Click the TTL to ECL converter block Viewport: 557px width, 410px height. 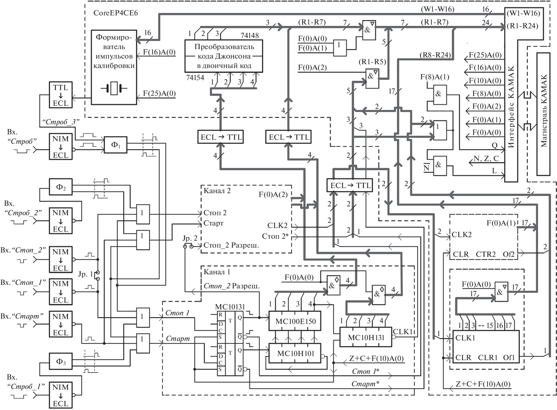click(60, 95)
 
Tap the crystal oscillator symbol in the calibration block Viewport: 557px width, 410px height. click(114, 88)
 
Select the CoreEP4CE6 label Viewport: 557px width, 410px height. click(115, 13)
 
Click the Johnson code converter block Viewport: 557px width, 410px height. click(224, 56)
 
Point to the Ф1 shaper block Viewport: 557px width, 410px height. click(115, 145)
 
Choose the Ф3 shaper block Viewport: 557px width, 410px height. click(60, 361)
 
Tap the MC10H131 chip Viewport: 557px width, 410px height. click(366, 337)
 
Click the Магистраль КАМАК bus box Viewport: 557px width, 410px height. click(544, 114)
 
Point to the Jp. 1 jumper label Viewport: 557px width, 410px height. click(85, 274)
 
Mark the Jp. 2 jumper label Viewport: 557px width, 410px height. click(190, 238)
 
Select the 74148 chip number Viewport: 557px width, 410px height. click(250, 35)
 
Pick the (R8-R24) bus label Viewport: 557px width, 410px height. click(435, 55)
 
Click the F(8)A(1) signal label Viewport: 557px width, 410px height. click(435, 77)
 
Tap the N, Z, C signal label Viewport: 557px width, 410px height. click(486, 159)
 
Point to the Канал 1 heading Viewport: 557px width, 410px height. click(217, 272)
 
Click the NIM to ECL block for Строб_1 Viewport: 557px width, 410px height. click(60, 395)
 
